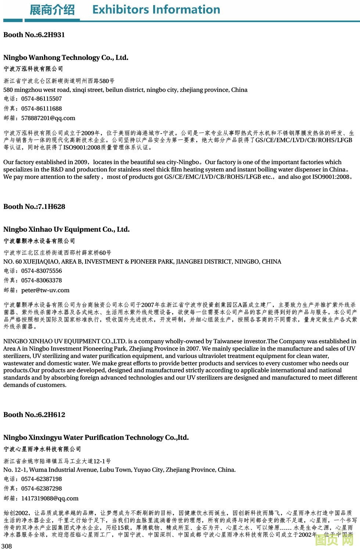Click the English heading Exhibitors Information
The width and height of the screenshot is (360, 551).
coord(156,10)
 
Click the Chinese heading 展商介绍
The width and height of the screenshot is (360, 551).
coord(52,10)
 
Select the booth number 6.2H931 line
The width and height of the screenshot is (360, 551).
coord(34,35)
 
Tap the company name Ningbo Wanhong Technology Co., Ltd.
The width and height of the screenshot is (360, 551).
coord(66,58)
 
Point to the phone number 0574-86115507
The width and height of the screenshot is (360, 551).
coord(42,99)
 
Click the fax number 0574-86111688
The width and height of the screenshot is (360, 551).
coord(42,109)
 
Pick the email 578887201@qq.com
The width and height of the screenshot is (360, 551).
coord(48,118)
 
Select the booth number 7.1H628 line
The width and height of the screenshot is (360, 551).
coord(34,207)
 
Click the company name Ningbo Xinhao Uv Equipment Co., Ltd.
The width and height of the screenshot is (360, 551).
coord(66,229)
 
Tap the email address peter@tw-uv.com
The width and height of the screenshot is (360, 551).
coord(45,290)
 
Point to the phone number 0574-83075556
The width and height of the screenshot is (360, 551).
coord(42,271)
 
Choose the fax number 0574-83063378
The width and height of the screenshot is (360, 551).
coord(42,280)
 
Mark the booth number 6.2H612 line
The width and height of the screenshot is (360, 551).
coord(34,415)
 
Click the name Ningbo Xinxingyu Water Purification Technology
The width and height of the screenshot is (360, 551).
coord(96,438)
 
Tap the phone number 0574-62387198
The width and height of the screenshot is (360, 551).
coord(42,479)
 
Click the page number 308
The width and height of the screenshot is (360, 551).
coord(7,546)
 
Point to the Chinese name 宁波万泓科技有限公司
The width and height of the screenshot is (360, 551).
coord(33,69)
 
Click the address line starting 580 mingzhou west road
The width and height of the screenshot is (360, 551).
coord(125,90)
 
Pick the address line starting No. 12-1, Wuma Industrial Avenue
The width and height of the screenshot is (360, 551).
coord(119,470)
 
